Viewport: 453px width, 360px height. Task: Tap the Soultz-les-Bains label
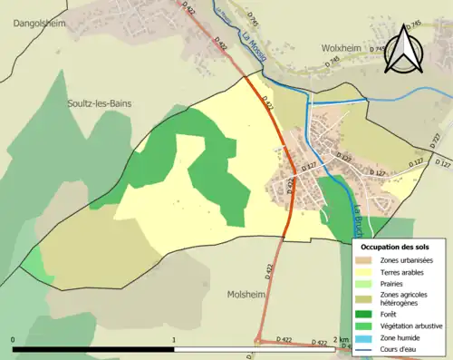click(99, 103)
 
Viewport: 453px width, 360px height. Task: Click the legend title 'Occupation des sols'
click(395, 247)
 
